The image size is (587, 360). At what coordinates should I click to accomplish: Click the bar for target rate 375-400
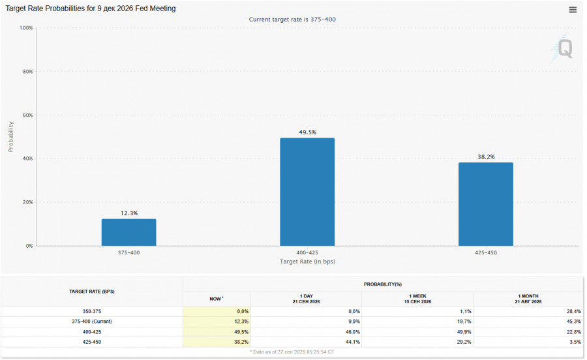(x=128, y=232)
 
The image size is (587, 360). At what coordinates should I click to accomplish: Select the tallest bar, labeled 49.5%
(x=307, y=192)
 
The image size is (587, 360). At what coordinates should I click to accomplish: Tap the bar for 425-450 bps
(x=486, y=204)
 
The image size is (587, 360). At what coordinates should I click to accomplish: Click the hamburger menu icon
(x=573, y=10)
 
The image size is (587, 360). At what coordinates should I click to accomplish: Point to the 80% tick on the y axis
(x=27, y=72)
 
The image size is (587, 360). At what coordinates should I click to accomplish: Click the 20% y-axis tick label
(x=27, y=202)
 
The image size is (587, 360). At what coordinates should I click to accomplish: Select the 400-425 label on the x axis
(x=307, y=252)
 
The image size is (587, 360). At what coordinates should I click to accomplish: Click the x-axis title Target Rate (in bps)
(x=307, y=262)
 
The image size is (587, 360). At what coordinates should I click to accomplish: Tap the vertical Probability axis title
(x=11, y=136)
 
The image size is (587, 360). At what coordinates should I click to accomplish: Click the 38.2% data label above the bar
(x=486, y=157)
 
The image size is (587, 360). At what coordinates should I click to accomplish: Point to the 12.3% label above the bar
(x=129, y=213)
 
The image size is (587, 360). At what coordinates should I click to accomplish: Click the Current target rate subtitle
(x=292, y=20)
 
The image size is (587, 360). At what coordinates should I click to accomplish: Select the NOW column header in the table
(x=217, y=299)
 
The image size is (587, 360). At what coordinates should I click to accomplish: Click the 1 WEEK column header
(x=418, y=299)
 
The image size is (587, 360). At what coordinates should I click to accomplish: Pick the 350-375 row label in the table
(x=92, y=311)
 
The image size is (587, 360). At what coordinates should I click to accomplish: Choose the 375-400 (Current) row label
(x=92, y=322)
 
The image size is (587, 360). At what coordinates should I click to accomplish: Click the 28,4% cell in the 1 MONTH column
(x=574, y=311)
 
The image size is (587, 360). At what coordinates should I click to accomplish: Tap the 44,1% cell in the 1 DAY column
(x=353, y=342)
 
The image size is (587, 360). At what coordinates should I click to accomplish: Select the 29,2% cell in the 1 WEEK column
(x=464, y=342)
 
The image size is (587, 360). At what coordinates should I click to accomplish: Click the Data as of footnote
(x=292, y=352)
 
